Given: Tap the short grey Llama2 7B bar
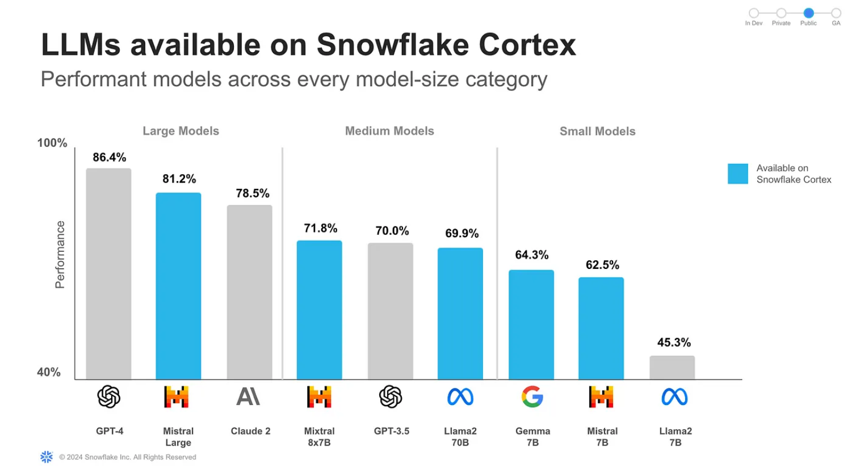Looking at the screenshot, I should [x=672, y=368].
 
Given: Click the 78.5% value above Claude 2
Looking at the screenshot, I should [x=253, y=193].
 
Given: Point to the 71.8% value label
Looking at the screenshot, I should [x=321, y=228].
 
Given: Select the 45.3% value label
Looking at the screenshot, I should [x=674, y=343].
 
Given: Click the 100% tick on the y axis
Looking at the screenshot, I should [x=52, y=143].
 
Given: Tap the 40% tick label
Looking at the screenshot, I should [x=49, y=372].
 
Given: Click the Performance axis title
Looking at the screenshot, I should [x=60, y=255].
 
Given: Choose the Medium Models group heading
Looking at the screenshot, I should [x=389, y=131].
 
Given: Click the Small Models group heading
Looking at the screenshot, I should [x=597, y=132].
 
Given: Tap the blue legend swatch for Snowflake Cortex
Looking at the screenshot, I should [x=737, y=174].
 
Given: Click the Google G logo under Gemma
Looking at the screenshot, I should [x=532, y=397].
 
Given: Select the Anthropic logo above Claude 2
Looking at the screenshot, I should [x=248, y=397].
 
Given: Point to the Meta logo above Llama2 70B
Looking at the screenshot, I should [x=460, y=397].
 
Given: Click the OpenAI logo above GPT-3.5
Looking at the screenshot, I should [x=391, y=397].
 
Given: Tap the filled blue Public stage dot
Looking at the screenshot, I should [x=808, y=13].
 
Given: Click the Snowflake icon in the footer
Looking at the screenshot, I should [x=47, y=457].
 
